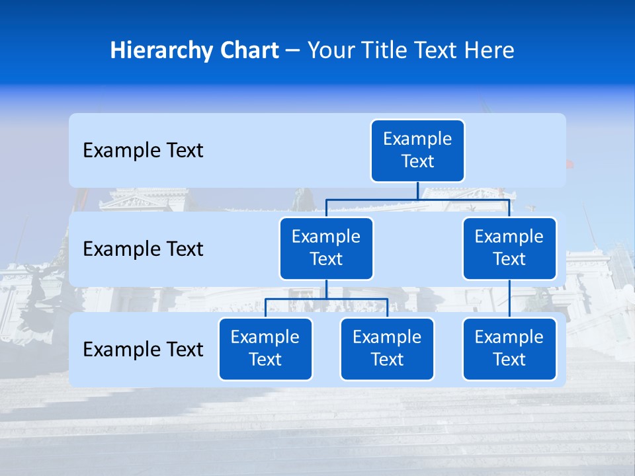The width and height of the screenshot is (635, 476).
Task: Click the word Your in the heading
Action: point(329,50)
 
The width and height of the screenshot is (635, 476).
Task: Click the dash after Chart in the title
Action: point(293,51)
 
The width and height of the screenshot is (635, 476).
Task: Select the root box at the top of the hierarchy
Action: point(417,151)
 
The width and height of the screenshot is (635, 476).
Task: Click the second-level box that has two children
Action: point(326,249)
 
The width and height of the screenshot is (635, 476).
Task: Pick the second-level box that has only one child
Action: point(509,249)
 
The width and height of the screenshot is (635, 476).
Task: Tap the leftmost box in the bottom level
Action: point(265,349)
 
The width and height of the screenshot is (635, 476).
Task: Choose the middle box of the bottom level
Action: point(387,349)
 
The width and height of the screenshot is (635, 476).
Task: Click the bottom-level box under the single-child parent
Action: point(509,349)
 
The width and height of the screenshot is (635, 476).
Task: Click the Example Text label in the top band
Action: point(143,151)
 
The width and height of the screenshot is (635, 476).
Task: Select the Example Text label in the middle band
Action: point(143,249)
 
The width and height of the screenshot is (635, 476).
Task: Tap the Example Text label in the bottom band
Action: point(143,349)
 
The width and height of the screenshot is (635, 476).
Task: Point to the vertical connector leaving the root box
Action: point(417,191)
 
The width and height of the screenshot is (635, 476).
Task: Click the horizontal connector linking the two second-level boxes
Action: point(370,200)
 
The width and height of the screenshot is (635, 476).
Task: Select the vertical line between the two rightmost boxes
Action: point(509,299)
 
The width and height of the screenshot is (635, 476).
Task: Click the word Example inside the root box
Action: point(417,139)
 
